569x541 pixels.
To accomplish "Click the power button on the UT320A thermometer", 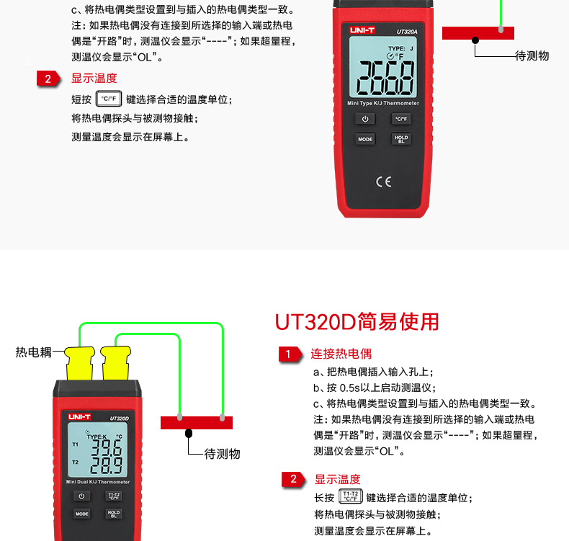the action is click(x=365, y=119).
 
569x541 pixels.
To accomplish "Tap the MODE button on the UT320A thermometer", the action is click(x=365, y=139).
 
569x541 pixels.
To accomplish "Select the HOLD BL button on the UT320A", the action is click(x=401, y=139).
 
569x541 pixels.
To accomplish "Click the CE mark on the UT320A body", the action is click(x=384, y=182).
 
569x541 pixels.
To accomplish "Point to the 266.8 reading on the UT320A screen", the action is click(x=385, y=78).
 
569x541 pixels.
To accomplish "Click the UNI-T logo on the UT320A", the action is click(x=362, y=30).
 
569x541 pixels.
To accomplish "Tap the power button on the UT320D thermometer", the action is click(x=81, y=496).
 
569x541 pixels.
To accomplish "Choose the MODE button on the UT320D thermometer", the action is click(x=81, y=514).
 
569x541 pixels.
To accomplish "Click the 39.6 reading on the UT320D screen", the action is click(x=107, y=448).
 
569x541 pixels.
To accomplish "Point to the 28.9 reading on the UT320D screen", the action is click(x=107, y=465).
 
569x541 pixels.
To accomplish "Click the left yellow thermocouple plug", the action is click(x=80, y=363).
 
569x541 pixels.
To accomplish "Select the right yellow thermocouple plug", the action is click(x=115, y=363).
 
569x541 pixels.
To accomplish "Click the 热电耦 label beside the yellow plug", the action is click(x=33, y=352).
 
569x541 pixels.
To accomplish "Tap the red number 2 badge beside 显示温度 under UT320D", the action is click(x=293, y=479).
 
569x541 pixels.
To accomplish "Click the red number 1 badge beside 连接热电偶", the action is click(x=290, y=354).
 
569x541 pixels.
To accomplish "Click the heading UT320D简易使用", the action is click(x=357, y=322).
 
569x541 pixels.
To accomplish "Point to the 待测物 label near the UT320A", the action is click(x=532, y=56).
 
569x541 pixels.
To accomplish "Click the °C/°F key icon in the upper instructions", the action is click(x=109, y=99).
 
